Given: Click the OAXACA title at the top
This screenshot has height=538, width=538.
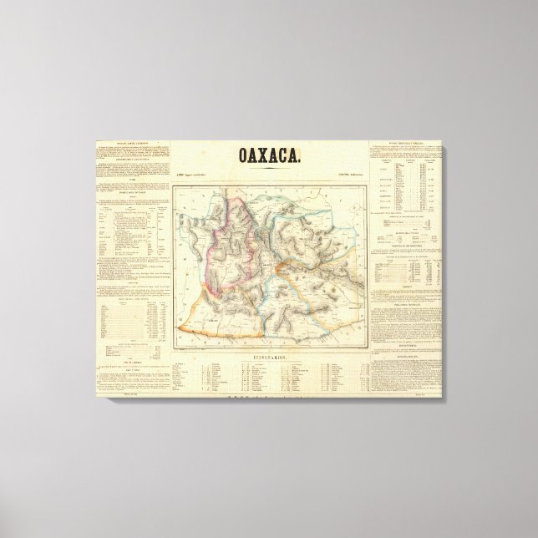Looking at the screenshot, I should pyautogui.click(x=270, y=155).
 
